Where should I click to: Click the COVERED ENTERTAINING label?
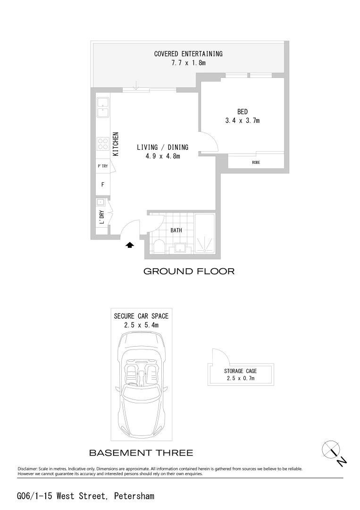click(188, 54)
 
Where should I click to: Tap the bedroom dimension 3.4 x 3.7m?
click(242, 121)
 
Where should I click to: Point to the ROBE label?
click(256, 162)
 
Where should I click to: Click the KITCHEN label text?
click(115, 144)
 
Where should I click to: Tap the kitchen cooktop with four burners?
click(102, 143)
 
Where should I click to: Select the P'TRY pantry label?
click(102, 166)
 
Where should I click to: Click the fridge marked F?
click(102, 184)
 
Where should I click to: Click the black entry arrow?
click(130, 245)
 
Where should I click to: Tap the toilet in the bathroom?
click(159, 246)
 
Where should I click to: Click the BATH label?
click(176, 230)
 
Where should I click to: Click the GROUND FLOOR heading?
click(189, 272)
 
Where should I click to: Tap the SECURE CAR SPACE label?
click(141, 316)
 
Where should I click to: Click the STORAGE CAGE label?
click(240, 371)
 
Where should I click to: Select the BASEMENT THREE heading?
click(141, 453)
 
